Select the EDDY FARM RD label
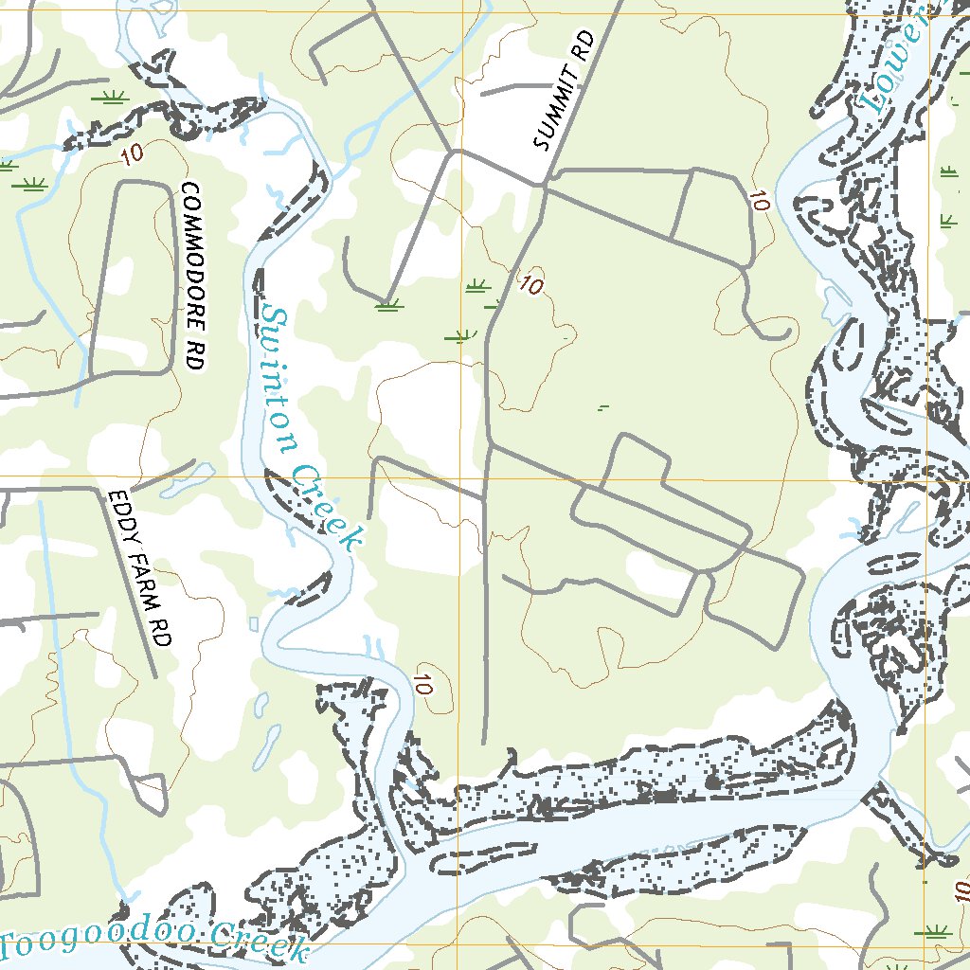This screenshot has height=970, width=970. (138, 568)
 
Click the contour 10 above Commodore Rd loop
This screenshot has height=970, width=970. (134, 155)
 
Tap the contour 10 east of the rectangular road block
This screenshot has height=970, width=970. (758, 200)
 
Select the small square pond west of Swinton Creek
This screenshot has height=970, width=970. (254, 623)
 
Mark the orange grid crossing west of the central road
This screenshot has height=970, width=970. (462, 476)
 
